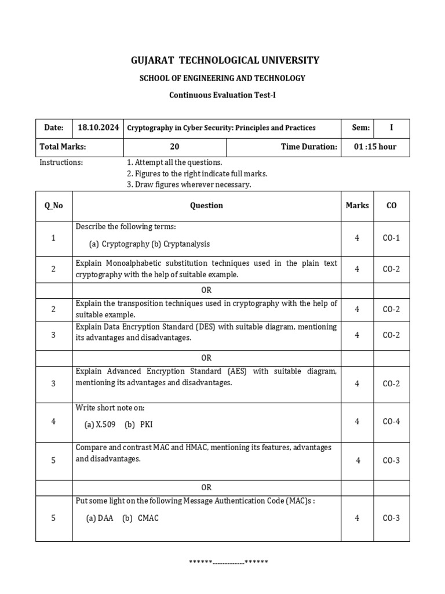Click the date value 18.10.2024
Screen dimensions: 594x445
98,128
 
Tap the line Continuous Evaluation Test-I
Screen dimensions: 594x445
222,95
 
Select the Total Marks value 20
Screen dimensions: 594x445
174,147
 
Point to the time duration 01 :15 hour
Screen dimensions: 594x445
375,147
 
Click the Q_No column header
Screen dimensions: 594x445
54,205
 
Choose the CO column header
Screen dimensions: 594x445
391,205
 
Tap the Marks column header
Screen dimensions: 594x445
357,205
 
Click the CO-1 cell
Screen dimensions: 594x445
391,238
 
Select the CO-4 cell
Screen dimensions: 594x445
391,421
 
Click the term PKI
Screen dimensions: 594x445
146,425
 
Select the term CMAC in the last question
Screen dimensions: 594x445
148,518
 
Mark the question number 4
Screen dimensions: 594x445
53,421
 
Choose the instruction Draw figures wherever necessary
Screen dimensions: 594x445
189,184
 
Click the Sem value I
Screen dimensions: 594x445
391,128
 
